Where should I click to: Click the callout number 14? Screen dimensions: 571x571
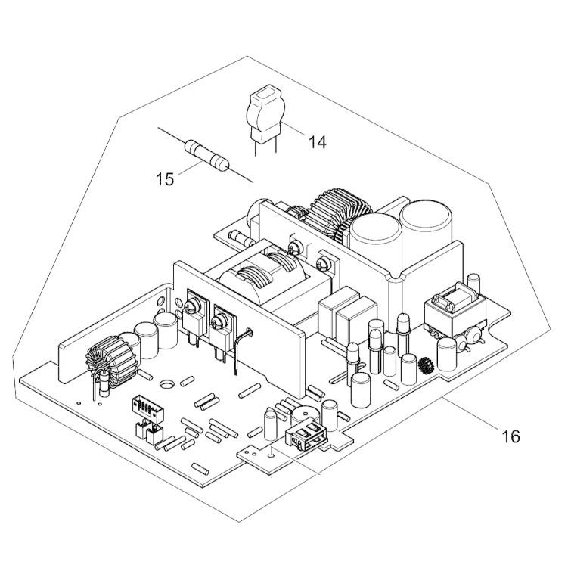point(318,141)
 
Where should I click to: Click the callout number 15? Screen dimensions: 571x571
point(165,179)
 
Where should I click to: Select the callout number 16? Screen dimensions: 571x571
point(510,436)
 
